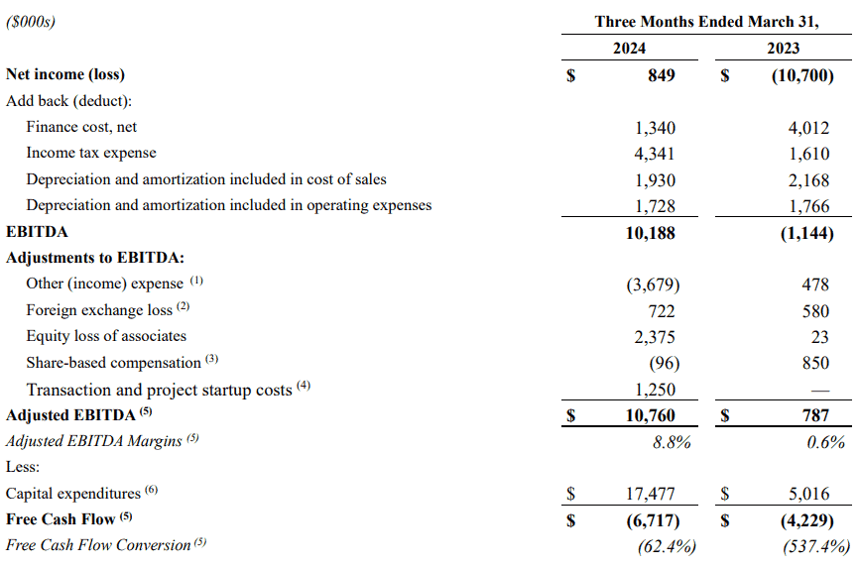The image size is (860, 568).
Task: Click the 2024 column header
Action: point(629,49)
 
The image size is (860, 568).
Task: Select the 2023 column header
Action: point(784,49)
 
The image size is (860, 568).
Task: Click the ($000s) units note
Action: point(31,22)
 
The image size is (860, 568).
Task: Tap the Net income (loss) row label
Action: point(65,74)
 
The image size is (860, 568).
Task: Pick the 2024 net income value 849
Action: point(662,75)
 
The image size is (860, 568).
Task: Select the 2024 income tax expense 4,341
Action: point(655,154)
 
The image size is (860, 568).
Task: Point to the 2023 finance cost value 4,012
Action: point(809,128)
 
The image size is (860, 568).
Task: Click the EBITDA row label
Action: point(37,232)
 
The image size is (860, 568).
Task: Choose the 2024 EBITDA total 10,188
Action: point(651,233)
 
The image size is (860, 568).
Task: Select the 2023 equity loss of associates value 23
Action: point(820,337)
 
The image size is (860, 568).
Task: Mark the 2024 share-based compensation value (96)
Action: point(665,363)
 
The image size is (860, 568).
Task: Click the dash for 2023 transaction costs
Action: point(820,391)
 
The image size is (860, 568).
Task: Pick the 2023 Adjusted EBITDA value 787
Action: point(815,415)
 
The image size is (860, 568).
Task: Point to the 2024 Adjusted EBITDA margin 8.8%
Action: point(672,442)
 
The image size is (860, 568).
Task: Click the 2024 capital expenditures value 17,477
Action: point(651,494)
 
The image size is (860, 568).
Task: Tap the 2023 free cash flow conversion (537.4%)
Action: point(816,546)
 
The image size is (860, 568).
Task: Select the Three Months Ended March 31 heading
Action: point(707,22)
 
